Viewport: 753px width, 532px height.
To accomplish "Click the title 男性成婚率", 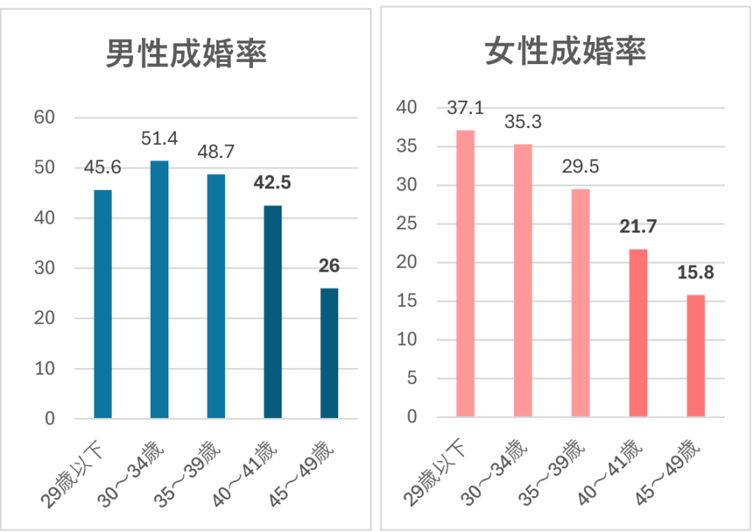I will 185,54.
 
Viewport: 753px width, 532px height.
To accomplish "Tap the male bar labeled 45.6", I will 103,304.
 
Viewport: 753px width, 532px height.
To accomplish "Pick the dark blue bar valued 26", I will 329,353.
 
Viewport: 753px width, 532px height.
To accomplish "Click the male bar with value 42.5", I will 273,311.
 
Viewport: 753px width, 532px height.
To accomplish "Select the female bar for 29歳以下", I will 465,274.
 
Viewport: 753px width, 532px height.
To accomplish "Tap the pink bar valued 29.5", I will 581,303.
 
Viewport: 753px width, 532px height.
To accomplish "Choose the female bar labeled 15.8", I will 696,356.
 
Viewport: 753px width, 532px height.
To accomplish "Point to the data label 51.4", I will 160,138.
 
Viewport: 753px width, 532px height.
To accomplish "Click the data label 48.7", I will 216,152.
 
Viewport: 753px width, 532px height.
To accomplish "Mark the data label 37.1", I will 465,108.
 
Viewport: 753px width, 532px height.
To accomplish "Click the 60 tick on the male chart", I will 46,118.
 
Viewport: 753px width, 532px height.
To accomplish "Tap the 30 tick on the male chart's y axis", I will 46,269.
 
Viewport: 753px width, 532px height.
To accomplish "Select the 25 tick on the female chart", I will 407,224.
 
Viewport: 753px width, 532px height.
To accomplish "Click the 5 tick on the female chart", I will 412,379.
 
